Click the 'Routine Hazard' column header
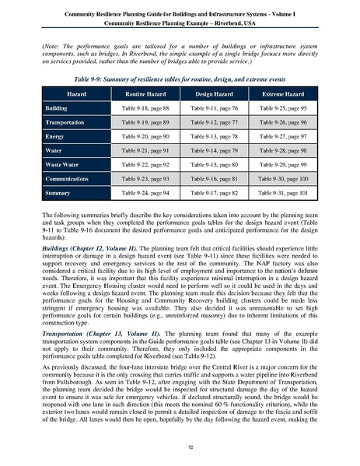(147, 91)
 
